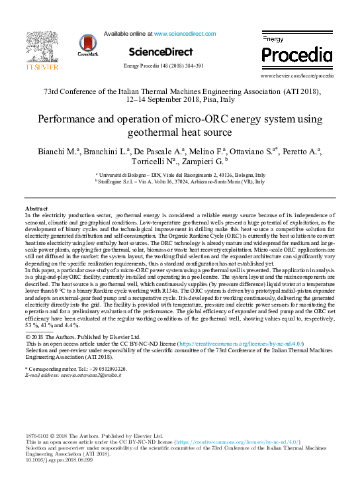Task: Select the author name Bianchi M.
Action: coord(56,152)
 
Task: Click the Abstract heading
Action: coord(36,209)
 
